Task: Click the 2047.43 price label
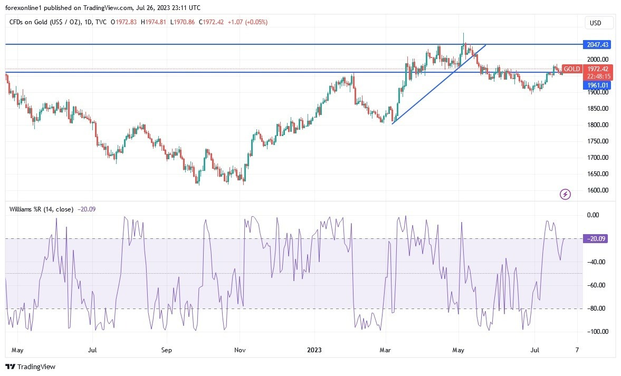596,44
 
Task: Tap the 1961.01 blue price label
596,85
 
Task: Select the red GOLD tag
571,69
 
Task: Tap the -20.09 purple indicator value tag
596,239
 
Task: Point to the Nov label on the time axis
240,350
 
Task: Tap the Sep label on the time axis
166,350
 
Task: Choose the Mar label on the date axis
386,350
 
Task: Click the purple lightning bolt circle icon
565,195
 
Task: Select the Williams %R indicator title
42,209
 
